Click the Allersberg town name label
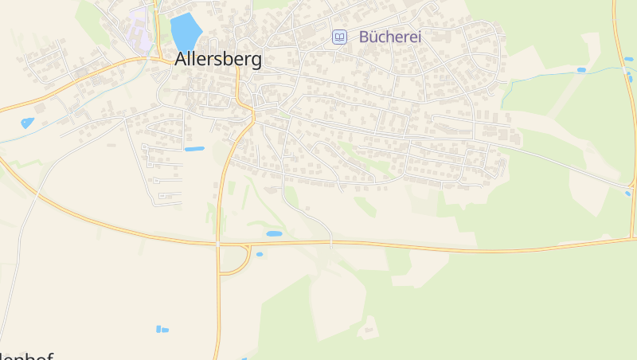click(x=217, y=60)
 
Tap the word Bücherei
click(x=389, y=37)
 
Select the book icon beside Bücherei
click(x=340, y=37)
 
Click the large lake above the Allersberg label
click(x=185, y=31)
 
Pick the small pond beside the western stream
click(x=28, y=123)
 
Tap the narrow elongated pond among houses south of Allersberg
click(x=194, y=149)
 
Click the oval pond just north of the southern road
click(x=274, y=233)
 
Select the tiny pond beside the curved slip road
click(x=260, y=254)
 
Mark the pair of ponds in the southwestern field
click(x=162, y=329)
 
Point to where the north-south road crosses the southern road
click(x=217, y=244)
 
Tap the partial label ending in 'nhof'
click(x=27, y=356)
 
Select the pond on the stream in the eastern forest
click(x=581, y=70)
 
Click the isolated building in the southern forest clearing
click(x=368, y=327)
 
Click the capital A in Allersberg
click(x=182, y=60)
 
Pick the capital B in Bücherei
click(x=365, y=37)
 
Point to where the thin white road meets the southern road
click(x=330, y=241)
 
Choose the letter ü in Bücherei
click(x=375, y=37)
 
